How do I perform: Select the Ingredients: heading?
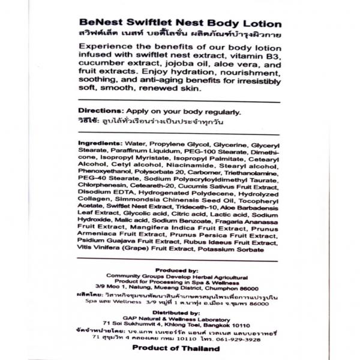100,145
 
